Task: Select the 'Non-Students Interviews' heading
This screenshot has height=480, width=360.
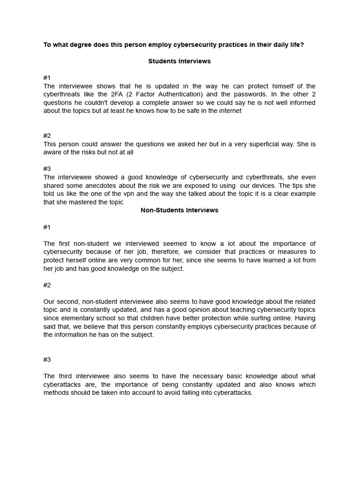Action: click(180, 210)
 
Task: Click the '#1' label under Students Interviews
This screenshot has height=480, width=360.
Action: click(47, 78)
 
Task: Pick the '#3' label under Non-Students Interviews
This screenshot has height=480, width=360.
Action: click(47, 360)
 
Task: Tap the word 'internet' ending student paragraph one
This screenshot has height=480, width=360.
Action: click(229, 111)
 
